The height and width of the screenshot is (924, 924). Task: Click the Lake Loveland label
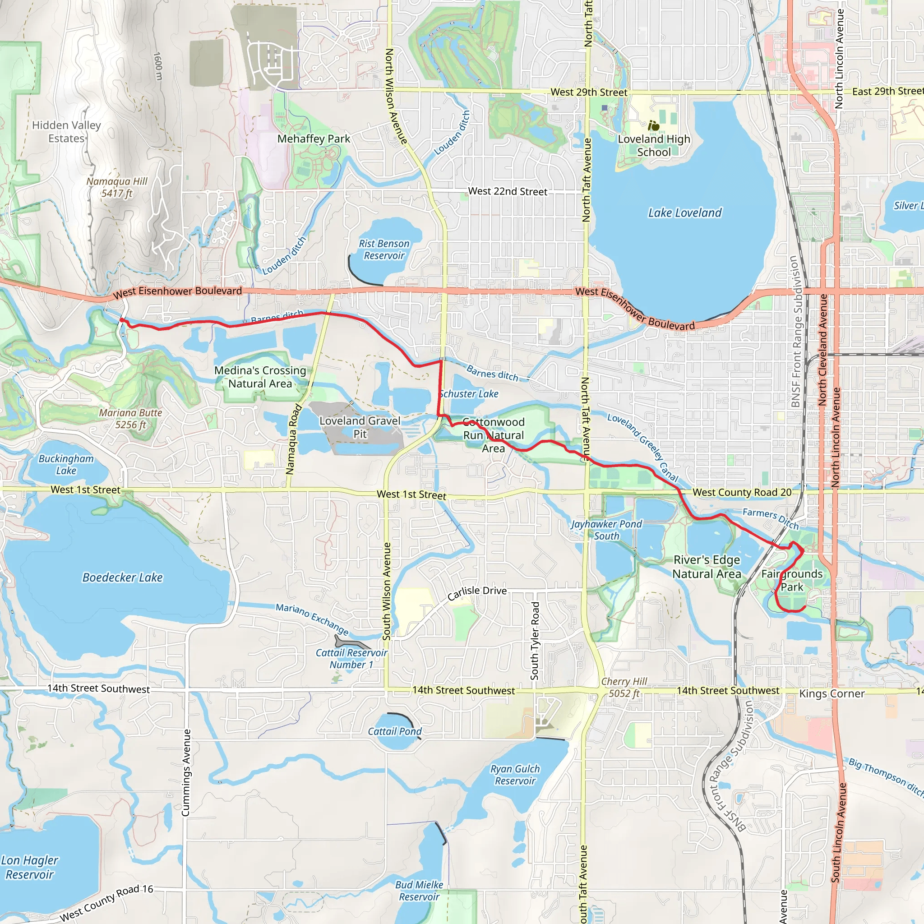coord(684,213)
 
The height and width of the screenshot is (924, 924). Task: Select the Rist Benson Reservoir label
coord(384,249)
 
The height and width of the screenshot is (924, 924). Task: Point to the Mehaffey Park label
coord(314,139)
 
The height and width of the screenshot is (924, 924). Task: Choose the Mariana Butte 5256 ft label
coord(130,419)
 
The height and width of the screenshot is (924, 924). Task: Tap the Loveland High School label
coord(654,145)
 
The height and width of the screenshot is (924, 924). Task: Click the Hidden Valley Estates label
coord(66,132)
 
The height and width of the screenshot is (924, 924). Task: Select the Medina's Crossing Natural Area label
coord(260,377)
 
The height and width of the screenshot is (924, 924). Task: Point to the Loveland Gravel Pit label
coord(360,427)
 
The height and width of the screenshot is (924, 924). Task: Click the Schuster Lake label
coord(469,393)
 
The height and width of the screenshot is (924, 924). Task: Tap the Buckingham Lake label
coord(66,464)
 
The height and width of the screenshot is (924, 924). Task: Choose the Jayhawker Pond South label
coord(606,530)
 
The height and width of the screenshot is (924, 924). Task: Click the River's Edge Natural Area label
coord(707,567)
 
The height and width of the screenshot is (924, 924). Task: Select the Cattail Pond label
coord(395,731)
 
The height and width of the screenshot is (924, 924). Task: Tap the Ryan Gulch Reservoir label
coord(515,775)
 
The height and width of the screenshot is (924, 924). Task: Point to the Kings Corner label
coord(832,693)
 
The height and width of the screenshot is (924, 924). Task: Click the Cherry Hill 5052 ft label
coord(624,687)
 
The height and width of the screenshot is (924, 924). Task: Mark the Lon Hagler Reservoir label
coord(30,867)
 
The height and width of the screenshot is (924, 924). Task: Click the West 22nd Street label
coord(508,191)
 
